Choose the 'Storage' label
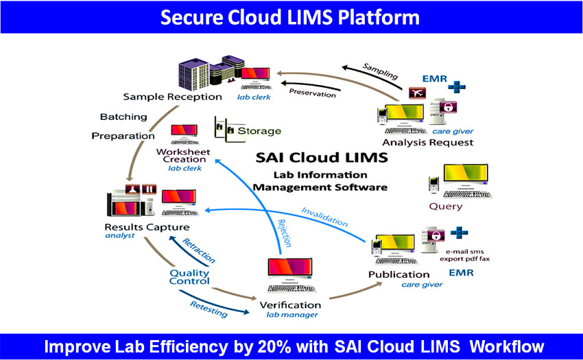259,130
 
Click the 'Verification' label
290,304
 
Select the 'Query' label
446,206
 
